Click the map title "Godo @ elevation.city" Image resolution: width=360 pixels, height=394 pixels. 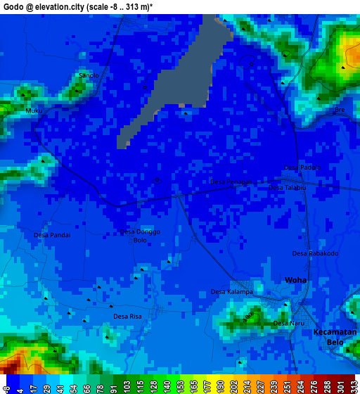[48, 6]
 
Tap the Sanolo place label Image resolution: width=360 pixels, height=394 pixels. [89, 75]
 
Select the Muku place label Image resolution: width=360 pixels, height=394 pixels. [34, 111]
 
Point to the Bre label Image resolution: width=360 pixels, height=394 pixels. [340, 110]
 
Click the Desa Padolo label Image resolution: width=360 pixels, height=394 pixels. [302, 167]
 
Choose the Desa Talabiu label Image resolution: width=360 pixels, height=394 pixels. [288, 187]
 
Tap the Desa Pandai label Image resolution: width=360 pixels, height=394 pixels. [52, 235]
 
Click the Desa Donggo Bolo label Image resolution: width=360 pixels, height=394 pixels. [140, 236]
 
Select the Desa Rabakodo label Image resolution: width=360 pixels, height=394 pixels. [315, 253]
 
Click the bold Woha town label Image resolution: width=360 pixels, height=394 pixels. [295, 280]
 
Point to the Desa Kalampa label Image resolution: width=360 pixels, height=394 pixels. [227, 292]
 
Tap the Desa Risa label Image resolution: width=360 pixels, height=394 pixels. [127, 317]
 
